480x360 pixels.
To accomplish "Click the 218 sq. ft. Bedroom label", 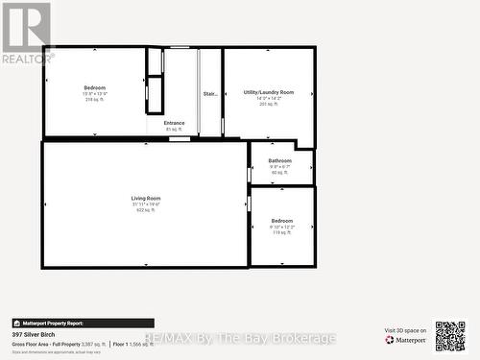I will tap(95, 87).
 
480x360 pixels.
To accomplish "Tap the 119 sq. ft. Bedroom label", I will tap(282, 221).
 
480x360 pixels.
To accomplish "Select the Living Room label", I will tap(146, 199).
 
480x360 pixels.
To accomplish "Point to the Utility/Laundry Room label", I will tap(269, 92).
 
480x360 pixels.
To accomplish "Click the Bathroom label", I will tap(280, 160).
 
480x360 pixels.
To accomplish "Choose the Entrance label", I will tap(174, 123).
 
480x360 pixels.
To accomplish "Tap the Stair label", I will tap(210, 94).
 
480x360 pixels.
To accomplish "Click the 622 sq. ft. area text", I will tap(146, 210).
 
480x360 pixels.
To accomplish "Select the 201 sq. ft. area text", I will tap(269, 104).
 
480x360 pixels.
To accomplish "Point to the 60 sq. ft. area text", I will tap(280, 172).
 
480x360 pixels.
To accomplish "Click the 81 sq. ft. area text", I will tap(174, 129).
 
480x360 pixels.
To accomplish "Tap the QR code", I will tap(449, 336).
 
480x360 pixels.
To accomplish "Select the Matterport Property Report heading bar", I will tap(83, 324).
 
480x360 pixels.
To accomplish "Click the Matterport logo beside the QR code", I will tap(406, 340).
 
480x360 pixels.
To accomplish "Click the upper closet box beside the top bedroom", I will tap(155, 61).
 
